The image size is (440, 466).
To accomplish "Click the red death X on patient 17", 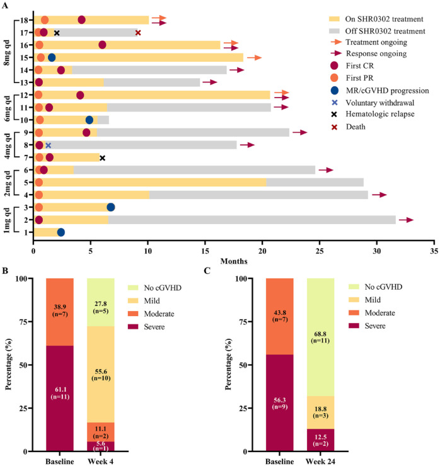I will (x=138, y=33).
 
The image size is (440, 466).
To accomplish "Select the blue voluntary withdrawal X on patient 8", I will (x=48, y=145).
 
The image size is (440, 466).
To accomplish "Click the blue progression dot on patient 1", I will (x=61, y=232).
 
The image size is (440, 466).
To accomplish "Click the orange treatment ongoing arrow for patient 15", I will (x=254, y=57).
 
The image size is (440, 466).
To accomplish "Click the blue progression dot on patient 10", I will (x=90, y=120).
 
